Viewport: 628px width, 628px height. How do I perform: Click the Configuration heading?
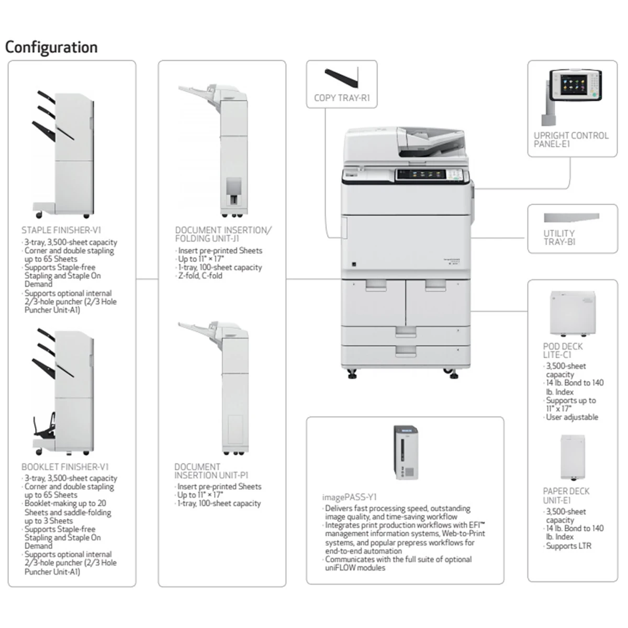pos(51,47)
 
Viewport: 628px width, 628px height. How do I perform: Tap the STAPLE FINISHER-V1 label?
pos(61,230)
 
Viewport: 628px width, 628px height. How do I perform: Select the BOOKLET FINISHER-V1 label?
pos(65,467)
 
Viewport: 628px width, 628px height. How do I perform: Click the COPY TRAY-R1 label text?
pos(342,98)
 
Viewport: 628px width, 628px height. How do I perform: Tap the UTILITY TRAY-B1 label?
pos(559,238)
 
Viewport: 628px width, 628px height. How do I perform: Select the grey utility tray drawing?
pos(571,217)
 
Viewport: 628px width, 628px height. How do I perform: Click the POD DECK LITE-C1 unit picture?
pos(573,314)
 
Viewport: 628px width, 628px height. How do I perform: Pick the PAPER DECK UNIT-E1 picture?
pos(572,457)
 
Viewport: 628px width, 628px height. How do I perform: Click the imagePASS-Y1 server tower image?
pos(406,452)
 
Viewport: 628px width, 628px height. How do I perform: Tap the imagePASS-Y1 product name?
pos(349,497)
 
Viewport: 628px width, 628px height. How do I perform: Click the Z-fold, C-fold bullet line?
pos(200,276)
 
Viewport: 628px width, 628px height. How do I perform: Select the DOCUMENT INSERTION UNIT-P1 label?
pos(211,471)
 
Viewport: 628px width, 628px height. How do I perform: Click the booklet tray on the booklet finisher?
pos(46,427)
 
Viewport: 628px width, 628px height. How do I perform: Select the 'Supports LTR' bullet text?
pos(568,546)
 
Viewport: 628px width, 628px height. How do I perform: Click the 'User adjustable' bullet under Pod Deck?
pos(572,417)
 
